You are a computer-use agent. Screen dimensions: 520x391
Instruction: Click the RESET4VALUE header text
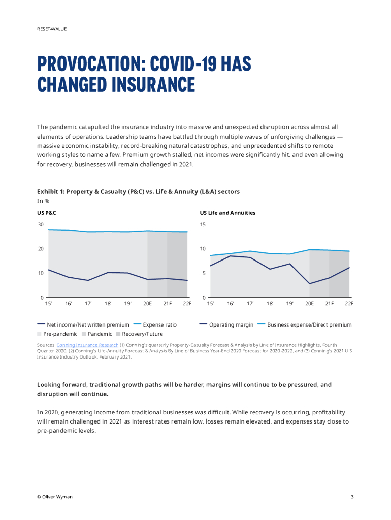tap(51, 29)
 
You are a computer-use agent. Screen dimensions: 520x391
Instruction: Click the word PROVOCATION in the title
tap(87, 65)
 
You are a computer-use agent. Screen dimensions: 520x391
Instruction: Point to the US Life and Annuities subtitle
tap(227, 213)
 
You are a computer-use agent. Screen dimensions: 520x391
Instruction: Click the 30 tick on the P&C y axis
tap(40, 224)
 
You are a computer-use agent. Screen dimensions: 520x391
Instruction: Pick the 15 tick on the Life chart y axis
tap(203, 224)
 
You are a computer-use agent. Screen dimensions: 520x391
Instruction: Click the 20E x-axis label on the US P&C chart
tap(147, 303)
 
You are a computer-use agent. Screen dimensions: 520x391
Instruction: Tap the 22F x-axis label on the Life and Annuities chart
tap(349, 303)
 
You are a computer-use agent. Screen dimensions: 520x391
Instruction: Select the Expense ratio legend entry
tap(159, 324)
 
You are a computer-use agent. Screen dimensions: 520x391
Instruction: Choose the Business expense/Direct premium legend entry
tap(309, 324)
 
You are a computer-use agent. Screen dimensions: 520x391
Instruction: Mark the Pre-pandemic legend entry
tap(60, 334)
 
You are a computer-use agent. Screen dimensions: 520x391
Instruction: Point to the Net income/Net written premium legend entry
tap(88, 324)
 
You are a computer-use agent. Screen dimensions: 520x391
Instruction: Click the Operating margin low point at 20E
tap(309, 284)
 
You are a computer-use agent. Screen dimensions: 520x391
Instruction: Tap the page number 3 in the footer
tap(352, 497)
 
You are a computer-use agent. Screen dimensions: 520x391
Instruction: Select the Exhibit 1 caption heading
tap(138, 191)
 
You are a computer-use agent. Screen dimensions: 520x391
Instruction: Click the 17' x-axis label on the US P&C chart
tap(88, 303)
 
